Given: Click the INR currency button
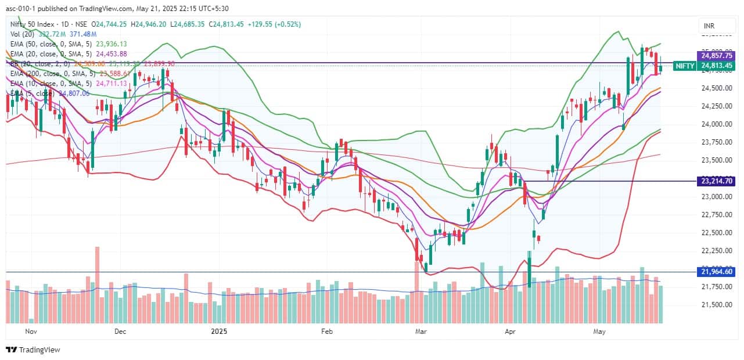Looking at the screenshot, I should (709, 26).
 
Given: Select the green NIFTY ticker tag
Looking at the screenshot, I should (685, 66).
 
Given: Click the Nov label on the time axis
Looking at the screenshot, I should (31, 332).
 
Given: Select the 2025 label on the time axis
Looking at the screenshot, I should (219, 332).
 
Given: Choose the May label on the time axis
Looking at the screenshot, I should (599, 332).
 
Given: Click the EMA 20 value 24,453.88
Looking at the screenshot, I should (111, 53).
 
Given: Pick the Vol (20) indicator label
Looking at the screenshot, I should (23, 34).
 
